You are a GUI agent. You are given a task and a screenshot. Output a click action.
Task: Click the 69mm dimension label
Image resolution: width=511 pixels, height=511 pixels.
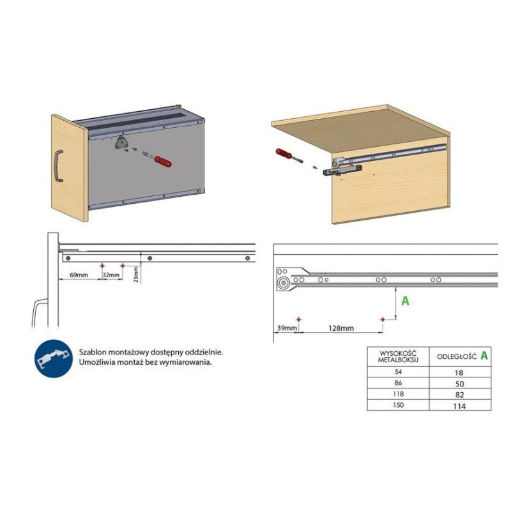[x=79, y=275]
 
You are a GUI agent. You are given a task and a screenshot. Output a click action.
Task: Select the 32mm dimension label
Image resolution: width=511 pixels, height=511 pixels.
[x=111, y=275]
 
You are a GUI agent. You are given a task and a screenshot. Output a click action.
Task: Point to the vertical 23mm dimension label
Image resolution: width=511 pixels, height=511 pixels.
[x=136, y=275]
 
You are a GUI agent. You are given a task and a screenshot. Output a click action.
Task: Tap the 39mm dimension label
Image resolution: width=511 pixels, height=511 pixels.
[x=287, y=328]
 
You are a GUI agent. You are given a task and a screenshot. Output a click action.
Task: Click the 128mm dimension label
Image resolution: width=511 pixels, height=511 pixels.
[x=341, y=328]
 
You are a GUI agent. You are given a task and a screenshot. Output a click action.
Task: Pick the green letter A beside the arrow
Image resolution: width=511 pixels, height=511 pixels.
[x=405, y=300]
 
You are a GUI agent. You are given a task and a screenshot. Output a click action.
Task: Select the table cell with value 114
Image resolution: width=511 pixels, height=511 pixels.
[x=460, y=406]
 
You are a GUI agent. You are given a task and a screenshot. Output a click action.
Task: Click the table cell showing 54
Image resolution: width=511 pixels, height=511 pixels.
[x=398, y=372]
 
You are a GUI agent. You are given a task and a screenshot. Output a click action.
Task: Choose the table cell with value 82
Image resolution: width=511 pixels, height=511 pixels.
[x=460, y=394]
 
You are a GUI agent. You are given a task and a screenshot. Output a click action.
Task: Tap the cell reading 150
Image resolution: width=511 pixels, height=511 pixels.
[x=398, y=405]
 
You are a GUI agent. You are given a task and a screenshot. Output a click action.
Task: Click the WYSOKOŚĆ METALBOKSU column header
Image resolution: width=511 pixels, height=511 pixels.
[x=398, y=356]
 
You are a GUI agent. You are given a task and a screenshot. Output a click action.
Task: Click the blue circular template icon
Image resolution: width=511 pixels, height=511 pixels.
[x=54, y=358]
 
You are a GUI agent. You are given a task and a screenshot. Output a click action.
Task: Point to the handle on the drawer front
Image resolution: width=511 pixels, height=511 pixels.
[x=58, y=165]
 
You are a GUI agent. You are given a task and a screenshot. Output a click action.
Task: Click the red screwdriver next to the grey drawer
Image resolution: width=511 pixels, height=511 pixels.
[x=157, y=159]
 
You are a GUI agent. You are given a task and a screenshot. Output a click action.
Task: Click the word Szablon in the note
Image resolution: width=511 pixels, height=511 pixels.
[x=92, y=353]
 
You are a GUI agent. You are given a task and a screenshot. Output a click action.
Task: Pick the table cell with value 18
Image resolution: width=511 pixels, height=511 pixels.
[x=460, y=372]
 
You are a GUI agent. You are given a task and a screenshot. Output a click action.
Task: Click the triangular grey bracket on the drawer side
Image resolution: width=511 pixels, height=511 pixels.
[x=121, y=142]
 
